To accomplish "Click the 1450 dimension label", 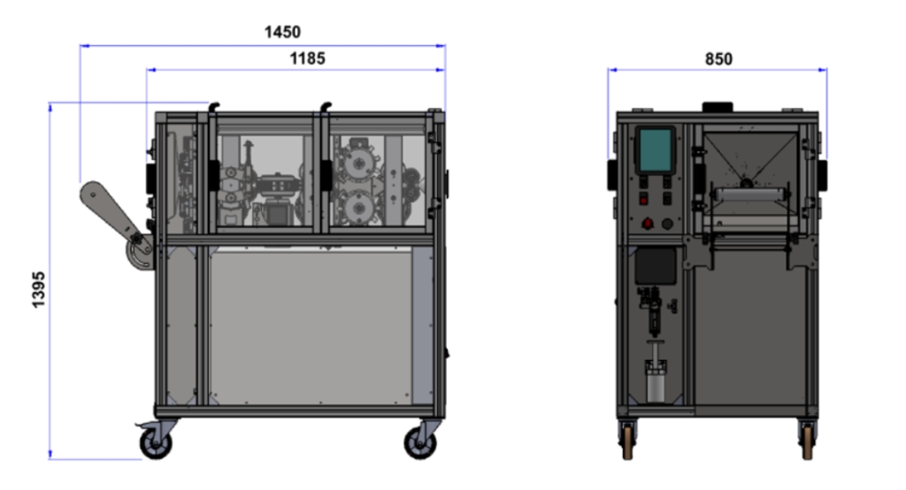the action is click(282, 32).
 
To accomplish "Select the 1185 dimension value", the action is click(307, 58).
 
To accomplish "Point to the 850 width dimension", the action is click(718, 59).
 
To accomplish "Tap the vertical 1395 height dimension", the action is click(38, 289).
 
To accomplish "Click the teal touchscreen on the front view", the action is click(656, 149).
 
